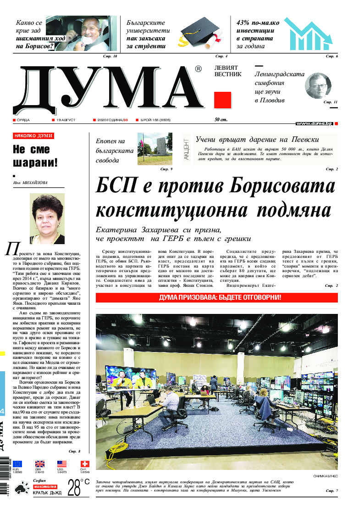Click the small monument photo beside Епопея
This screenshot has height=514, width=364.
click(154, 149)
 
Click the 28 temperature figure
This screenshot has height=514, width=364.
click(74, 488)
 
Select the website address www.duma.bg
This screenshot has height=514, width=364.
click(314, 123)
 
